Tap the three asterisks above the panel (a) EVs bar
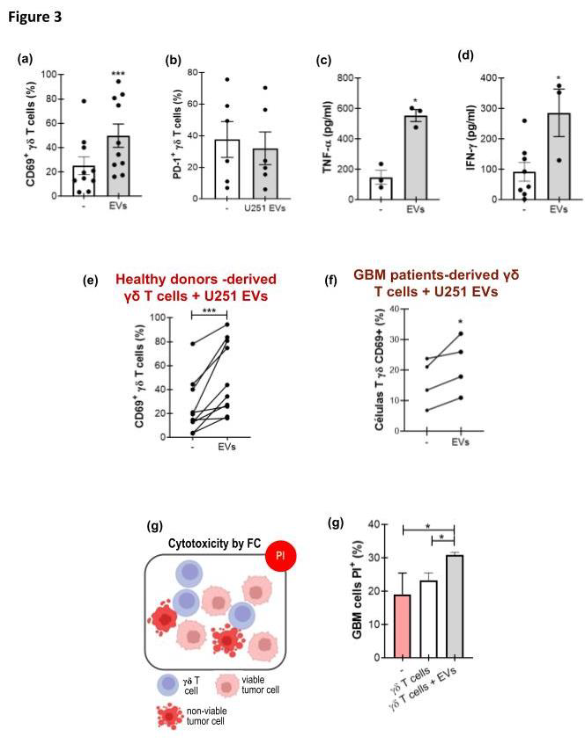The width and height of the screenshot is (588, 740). pyautogui.click(x=118, y=74)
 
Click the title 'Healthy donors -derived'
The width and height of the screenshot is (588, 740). pyautogui.click(x=196, y=279)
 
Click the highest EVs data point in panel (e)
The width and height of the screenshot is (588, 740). pyautogui.click(x=227, y=324)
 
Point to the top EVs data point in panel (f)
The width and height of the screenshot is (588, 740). pyautogui.click(x=460, y=333)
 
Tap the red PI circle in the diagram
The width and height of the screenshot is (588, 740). pyautogui.click(x=280, y=556)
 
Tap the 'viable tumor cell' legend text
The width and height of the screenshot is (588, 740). pyautogui.click(x=260, y=685)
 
